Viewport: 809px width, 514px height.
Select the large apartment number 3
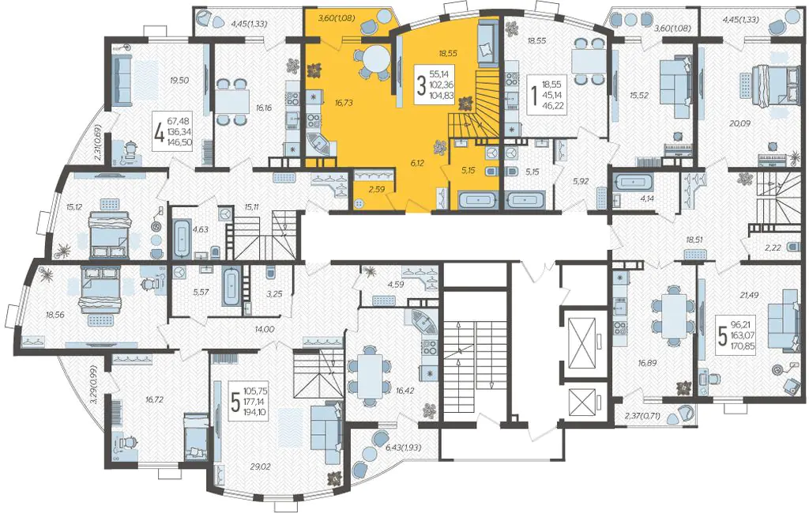(x=421, y=85)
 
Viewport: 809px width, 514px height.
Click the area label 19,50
(x=179, y=80)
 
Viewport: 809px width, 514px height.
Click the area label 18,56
(x=55, y=314)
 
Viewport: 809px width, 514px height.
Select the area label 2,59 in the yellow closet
(x=377, y=190)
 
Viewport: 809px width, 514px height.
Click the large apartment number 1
(x=533, y=96)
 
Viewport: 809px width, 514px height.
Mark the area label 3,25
(x=274, y=294)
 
